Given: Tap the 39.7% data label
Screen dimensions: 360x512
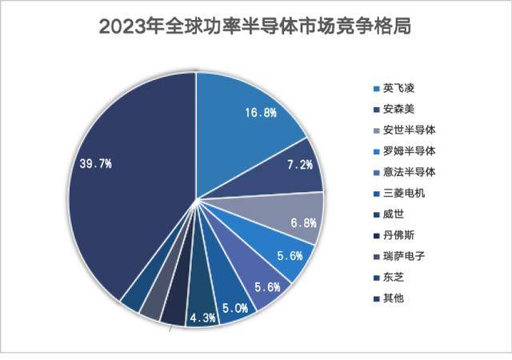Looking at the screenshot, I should pyautogui.click(x=95, y=163).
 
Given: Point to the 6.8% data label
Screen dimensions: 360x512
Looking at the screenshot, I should pyautogui.click(x=303, y=222).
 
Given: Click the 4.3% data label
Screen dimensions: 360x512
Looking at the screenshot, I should pyautogui.click(x=202, y=318).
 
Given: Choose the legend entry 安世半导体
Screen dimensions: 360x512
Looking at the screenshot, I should pyautogui.click(x=408, y=129).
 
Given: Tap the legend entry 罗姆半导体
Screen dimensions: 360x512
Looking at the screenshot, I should pyautogui.click(x=408, y=150).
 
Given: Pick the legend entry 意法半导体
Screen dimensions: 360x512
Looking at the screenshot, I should pyautogui.click(x=408, y=171).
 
